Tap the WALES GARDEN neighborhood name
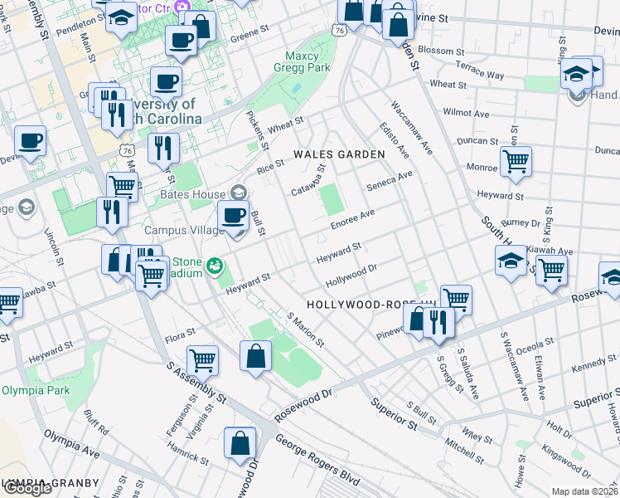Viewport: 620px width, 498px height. pyautogui.click(x=339, y=154)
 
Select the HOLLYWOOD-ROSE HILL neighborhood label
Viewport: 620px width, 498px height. pyautogui.click(x=370, y=305)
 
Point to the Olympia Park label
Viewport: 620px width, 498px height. pyautogui.click(x=32, y=390)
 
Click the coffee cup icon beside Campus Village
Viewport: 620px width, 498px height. pyautogui.click(x=234, y=217)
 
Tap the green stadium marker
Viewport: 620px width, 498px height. pyautogui.click(x=215, y=265)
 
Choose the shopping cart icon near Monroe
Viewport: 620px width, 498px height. pyautogui.click(x=516, y=162)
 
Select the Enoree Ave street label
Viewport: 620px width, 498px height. pyautogui.click(x=353, y=217)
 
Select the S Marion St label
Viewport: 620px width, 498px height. pyautogui.click(x=306, y=330)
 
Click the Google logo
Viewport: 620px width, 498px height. pyautogui.click(x=27, y=489)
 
